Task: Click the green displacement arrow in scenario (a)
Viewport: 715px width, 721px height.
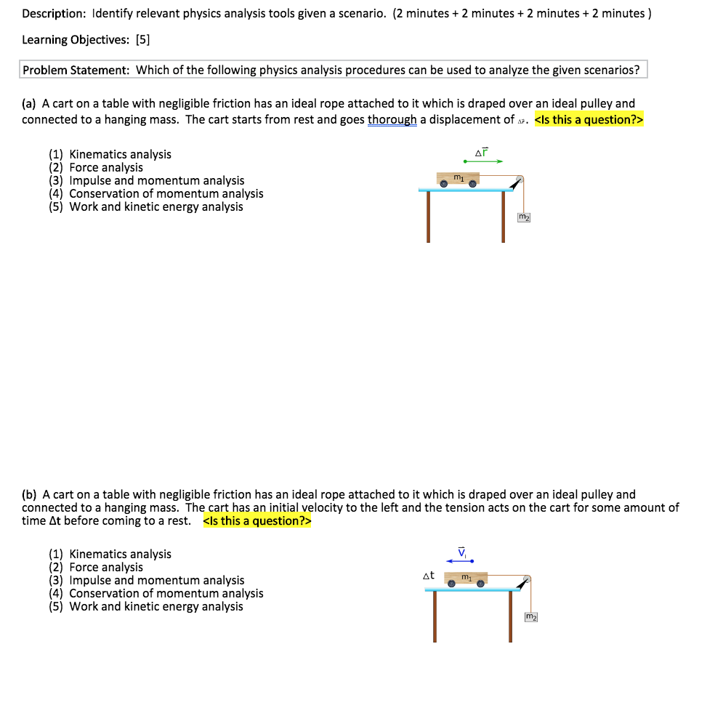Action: [483, 161]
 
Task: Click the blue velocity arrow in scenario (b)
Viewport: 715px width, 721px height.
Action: [460, 561]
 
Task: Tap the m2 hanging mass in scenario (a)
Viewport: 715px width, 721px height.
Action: [523, 217]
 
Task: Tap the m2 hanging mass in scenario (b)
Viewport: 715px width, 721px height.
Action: [531, 617]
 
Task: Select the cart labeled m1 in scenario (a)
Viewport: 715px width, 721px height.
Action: [458, 179]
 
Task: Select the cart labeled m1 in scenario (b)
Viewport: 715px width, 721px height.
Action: [466, 579]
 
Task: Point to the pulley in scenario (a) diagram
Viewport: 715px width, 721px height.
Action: [519, 180]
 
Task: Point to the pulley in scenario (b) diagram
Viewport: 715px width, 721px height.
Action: [526, 579]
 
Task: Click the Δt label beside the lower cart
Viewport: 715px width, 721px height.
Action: [429, 576]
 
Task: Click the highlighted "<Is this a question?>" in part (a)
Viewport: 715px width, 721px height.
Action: [589, 120]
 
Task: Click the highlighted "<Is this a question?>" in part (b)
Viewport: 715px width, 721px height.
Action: [256, 520]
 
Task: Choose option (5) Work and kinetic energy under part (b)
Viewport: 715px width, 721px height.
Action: [146, 606]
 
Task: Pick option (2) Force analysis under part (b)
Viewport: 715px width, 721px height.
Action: [96, 567]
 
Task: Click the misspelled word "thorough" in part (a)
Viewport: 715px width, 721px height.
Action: [392, 120]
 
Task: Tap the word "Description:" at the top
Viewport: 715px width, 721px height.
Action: [54, 14]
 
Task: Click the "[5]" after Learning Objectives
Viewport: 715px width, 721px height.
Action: [142, 41]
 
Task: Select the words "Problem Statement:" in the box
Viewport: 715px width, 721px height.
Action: [76, 71]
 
